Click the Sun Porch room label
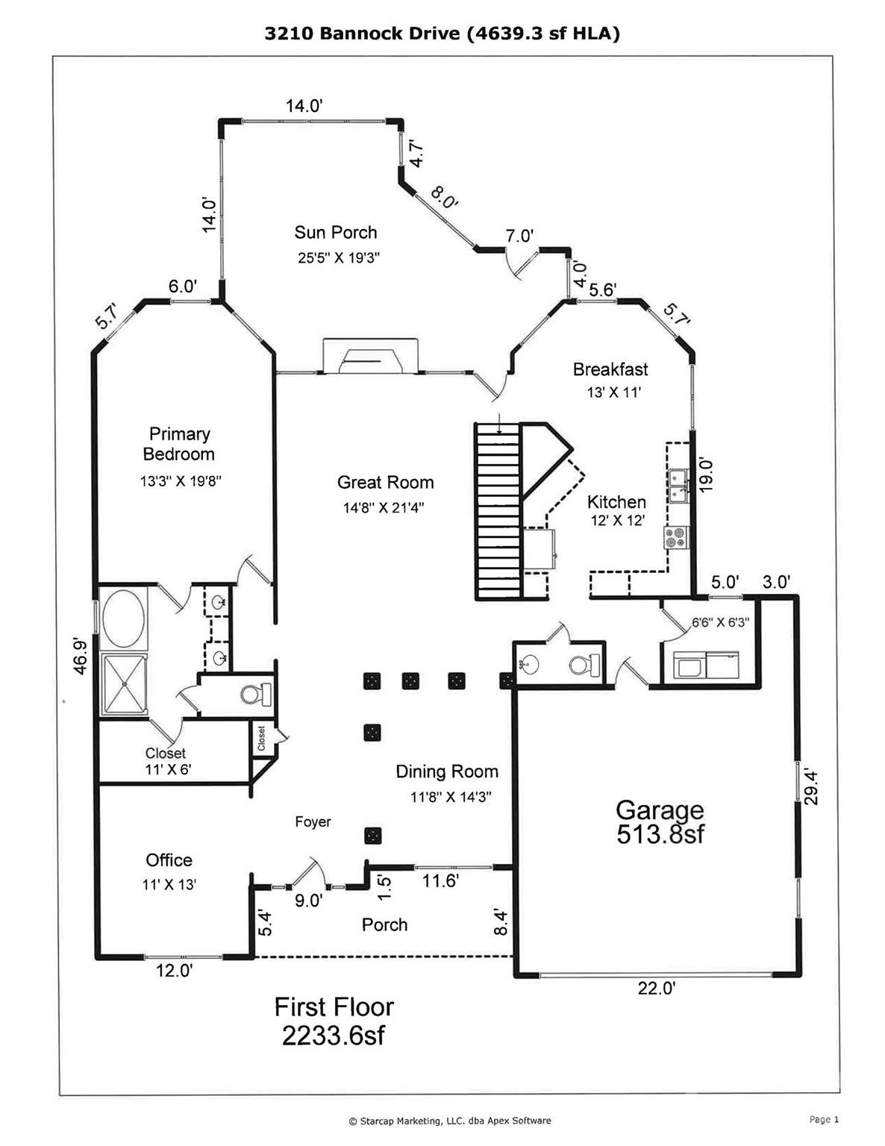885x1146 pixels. pyautogui.click(x=336, y=233)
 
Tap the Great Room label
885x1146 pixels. pyautogui.click(x=385, y=483)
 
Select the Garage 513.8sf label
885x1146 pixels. pyautogui.click(x=660, y=821)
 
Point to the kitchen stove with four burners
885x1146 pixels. pyautogui.click(x=677, y=538)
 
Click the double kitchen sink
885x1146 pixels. pyautogui.click(x=678, y=486)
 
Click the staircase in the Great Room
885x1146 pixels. pyautogui.click(x=498, y=511)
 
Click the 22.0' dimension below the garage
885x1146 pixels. pyautogui.click(x=657, y=989)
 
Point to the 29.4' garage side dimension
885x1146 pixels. pyautogui.click(x=812, y=787)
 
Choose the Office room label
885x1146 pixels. pyautogui.click(x=169, y=860)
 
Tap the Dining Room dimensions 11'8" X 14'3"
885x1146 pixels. pyautogui.click(x=451, y=797)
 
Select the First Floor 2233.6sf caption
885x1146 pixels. pyautogui.click(x=334, y=1021)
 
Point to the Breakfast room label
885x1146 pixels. pyautogui.click(x=610, y=369)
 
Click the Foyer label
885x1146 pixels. pyautogui.click(x=313, y=822)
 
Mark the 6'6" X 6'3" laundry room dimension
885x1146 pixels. pyautogui.click(x=720, y=621)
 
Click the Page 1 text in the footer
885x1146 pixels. pyautogui.click(x=824, y=1119)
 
